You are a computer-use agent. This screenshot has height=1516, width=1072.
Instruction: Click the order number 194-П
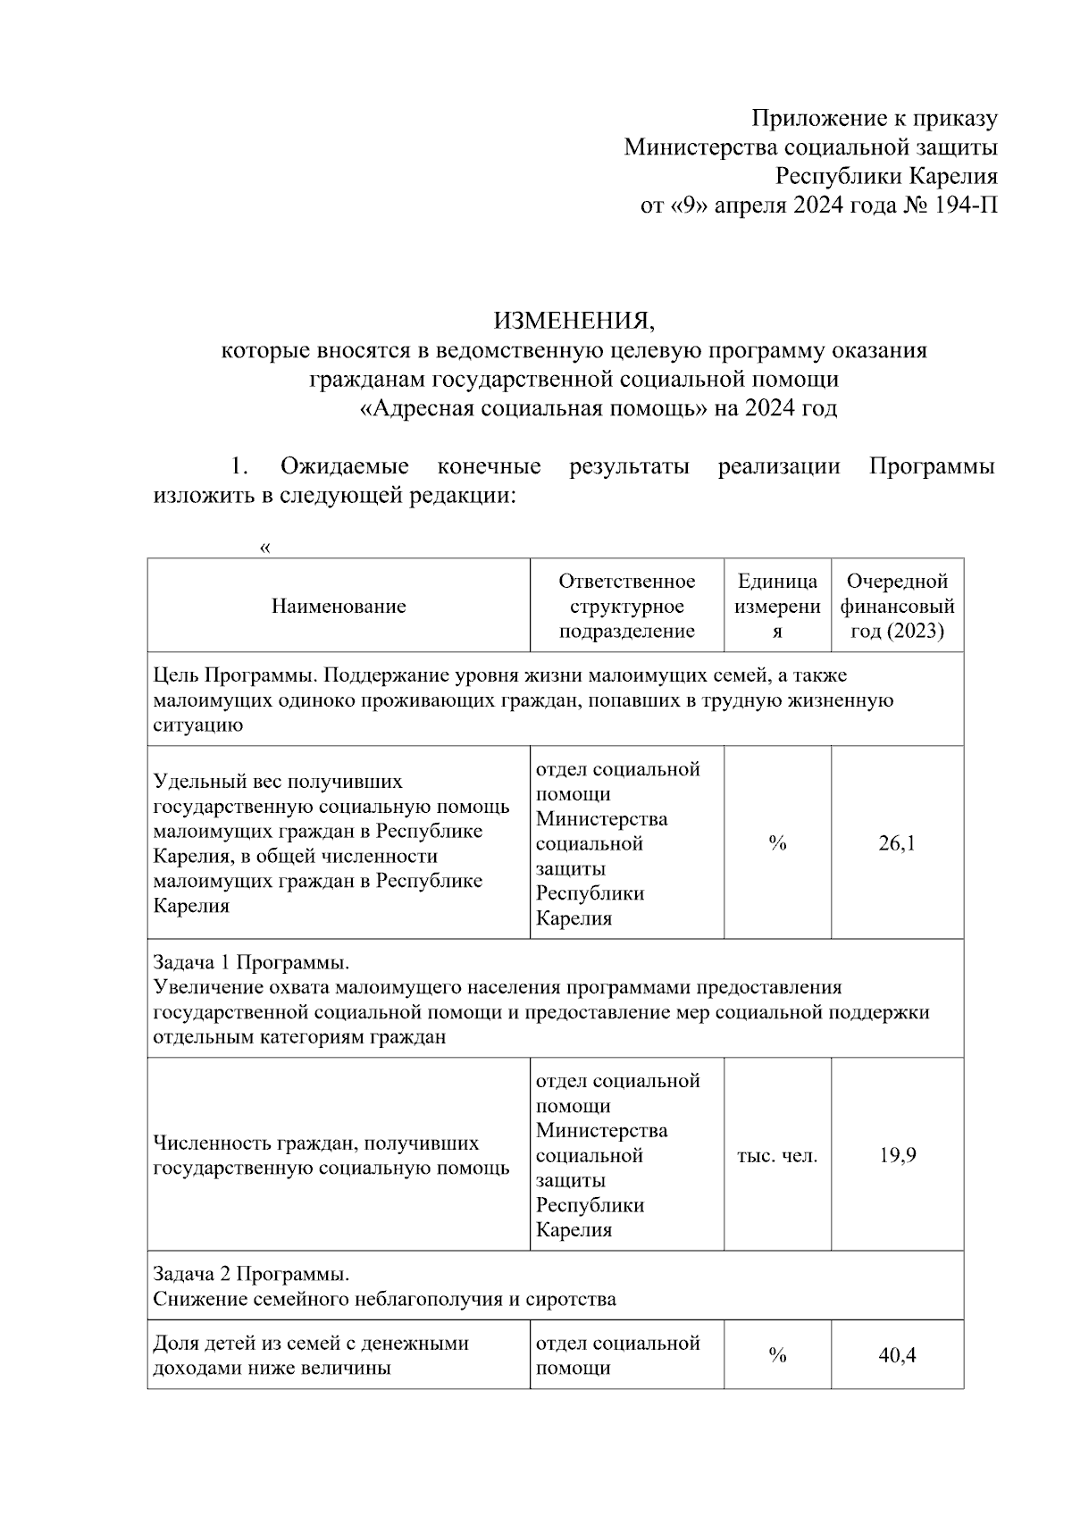click(965, 205)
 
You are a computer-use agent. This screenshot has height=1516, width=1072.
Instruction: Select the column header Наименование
click(339, 607)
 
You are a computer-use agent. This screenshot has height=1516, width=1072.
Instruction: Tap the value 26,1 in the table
click(897, 842)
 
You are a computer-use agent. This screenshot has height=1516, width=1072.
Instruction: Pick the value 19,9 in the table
click(897, 1155)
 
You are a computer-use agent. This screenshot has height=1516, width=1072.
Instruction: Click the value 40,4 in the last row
click(897, 1355)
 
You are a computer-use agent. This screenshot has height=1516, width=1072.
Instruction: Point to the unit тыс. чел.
click(777, 1155)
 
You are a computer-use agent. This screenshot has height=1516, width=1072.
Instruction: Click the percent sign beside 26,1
click(777, 842)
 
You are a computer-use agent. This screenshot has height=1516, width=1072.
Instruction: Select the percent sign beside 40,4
click(777, 1355)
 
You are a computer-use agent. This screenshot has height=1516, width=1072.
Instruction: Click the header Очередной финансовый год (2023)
click(897, 607)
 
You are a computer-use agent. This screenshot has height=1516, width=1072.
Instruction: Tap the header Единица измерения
click(777, 607)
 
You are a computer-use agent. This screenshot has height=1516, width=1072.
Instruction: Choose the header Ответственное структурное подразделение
click(626, 607)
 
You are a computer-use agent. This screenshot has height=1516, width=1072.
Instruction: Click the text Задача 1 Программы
click(250, 963)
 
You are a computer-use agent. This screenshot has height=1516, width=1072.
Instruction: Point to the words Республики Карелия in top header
click(886, 176)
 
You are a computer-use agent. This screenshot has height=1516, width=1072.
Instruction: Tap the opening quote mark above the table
click(264, 548)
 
